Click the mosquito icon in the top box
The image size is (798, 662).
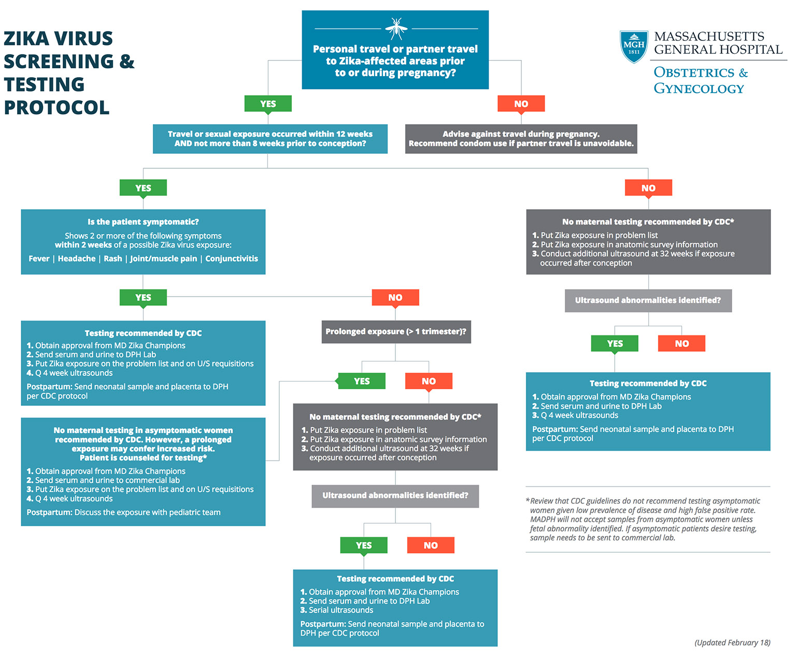[x=396, y=28]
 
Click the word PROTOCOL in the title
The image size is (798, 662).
[x=56, y=108]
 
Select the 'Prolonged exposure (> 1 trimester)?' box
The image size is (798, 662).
[x=396, y=332]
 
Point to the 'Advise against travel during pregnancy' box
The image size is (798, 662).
[x=521, y=139]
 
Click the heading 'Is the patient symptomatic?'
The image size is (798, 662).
[x=143, y=222]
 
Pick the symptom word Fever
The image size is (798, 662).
[x=39, y=259]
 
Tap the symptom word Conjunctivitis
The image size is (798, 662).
[x=232, y=259]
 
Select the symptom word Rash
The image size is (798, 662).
[x=113, y=259]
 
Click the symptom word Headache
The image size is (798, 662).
[x=77, y=259]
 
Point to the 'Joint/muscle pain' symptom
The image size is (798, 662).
[x=164, y=259]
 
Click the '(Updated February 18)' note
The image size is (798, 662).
[x=732, y=643]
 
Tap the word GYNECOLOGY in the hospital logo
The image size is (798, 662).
[x=699, y=89]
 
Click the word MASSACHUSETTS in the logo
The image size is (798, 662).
[x=709, y=37]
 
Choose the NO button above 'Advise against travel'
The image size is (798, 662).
[x=521, y=104]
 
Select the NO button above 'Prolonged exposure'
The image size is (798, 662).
[x=395, y=298]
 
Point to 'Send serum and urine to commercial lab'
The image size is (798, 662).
[x=107, y=480]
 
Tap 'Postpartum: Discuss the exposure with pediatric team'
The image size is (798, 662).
[x=123, y=512]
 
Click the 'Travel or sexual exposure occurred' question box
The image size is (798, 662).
[x=270, y=139]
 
